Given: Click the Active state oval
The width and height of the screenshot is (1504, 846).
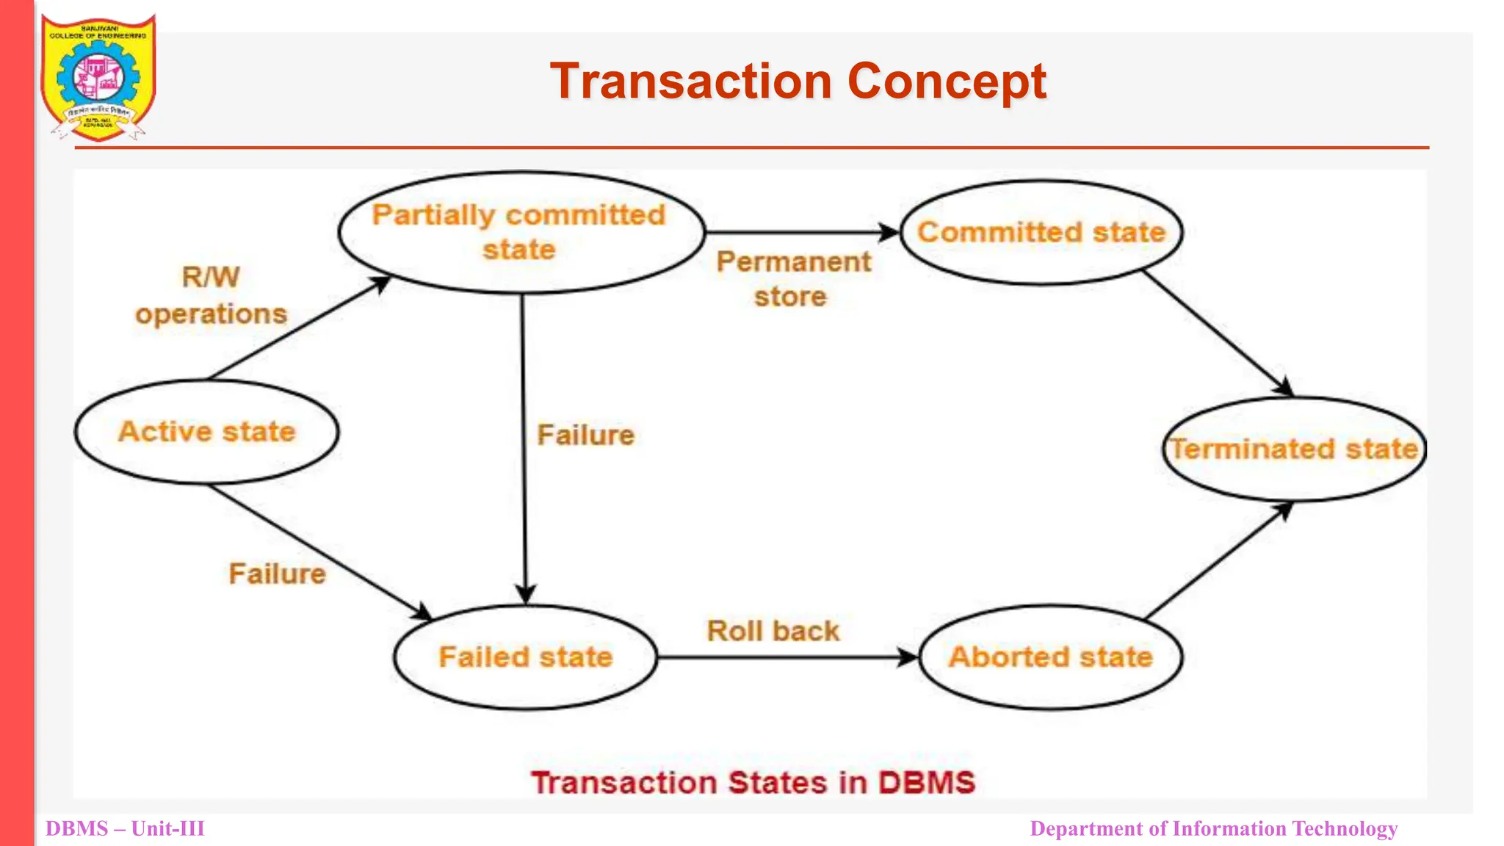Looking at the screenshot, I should tap(206, 432).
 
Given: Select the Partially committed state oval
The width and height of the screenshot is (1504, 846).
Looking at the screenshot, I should tap(521, 232).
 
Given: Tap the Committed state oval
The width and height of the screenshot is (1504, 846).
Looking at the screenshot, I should tap(1041, 232).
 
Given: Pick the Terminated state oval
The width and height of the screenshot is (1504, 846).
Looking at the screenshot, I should tap(1294, 449).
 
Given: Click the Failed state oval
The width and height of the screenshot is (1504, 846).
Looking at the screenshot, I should tap(525, 657).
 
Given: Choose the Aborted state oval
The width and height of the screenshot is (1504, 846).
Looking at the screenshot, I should tap(1050, 657).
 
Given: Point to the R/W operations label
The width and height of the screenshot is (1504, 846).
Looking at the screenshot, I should tap(211, 295).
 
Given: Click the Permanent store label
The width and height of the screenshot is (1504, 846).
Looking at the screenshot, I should tap(792, 279).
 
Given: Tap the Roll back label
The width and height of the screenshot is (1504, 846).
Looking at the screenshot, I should tap(773, 631).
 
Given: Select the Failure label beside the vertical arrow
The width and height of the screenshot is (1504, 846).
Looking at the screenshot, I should tap(585, 435).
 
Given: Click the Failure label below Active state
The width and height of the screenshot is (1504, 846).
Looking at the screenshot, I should tap(277, 574).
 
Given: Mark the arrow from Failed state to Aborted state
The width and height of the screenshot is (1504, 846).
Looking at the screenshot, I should tap(786, 657).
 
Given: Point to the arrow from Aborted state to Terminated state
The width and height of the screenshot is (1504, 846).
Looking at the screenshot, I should tap(1216, 561).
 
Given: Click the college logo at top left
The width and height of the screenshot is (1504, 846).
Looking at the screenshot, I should tap(98, 77).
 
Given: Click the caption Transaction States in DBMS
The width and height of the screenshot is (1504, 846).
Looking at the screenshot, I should tap(753, 782).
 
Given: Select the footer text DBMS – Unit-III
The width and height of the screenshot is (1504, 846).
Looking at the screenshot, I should tap(125, 828).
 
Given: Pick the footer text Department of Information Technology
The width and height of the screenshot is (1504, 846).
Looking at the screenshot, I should tap(1213, 828).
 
